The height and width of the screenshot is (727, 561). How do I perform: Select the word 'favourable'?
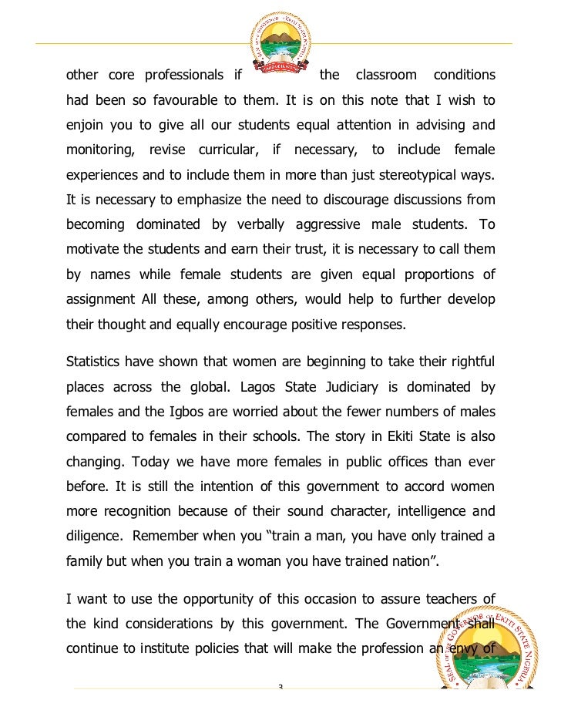coord(211,100)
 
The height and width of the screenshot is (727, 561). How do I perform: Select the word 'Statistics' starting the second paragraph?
coord(97,361)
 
